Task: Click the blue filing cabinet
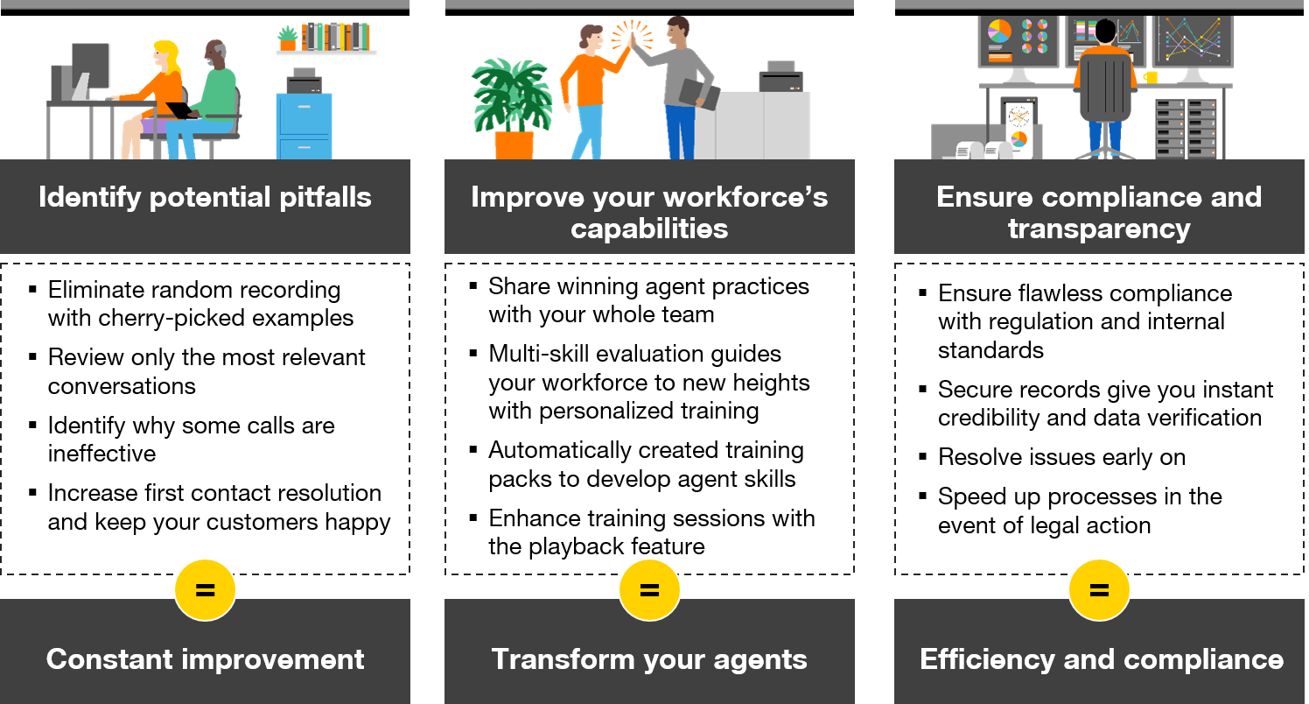click(304, 126)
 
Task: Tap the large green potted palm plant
click(511, 109)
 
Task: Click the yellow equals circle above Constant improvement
click(205, 590)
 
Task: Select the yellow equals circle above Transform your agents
click(649, 590)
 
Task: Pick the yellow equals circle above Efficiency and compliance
click(1099, 590)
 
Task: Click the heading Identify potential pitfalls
click(205, 198)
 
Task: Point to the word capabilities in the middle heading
click(649, 229)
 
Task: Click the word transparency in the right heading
click(1099, 229)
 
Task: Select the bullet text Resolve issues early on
click(1061, 457)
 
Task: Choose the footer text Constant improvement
click(205, 659)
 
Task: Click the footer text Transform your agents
click(649, 660)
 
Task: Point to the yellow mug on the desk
click(1151, 77)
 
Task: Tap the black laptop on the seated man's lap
click(183, 110)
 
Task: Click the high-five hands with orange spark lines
click(632, 36)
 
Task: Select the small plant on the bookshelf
click(288, 39)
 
